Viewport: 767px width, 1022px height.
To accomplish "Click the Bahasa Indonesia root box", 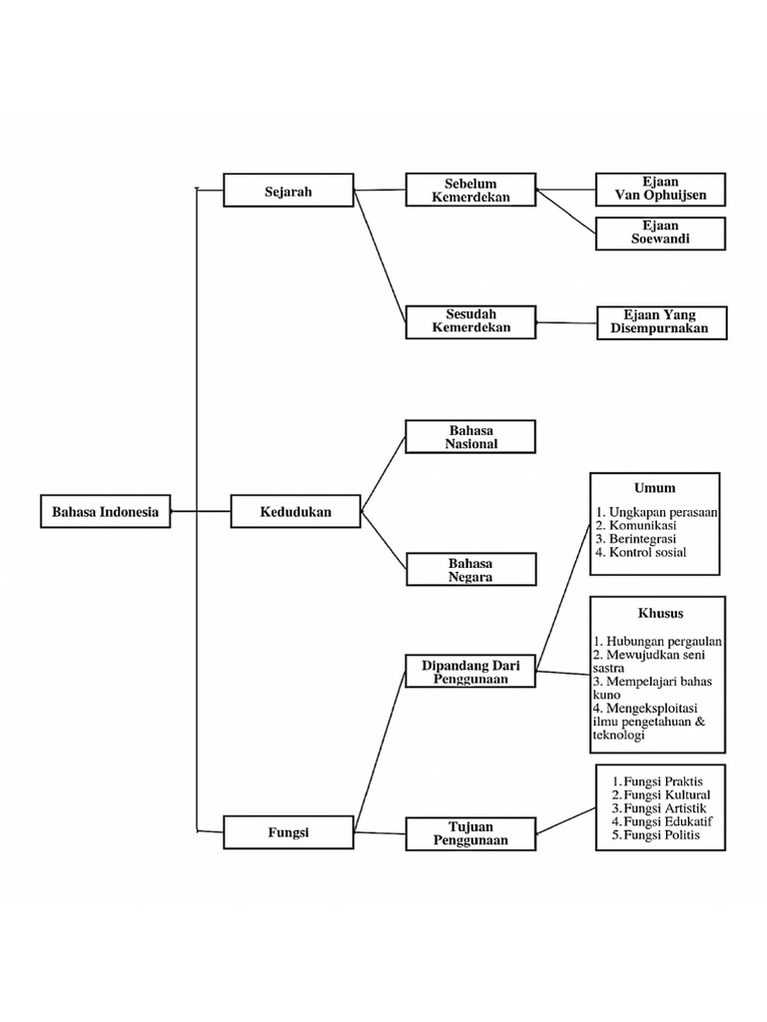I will click(105, 511).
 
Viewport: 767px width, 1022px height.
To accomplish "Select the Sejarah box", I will click(288, 190).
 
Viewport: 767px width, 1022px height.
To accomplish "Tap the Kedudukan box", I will click(295, 512).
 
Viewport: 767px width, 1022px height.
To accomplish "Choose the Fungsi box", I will click(288, 832).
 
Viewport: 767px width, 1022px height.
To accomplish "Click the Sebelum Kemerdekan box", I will click(469, 190).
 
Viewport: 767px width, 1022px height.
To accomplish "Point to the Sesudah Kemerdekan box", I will click(469, 321).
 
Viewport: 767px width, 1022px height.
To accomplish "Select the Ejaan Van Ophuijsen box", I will click(660, 189).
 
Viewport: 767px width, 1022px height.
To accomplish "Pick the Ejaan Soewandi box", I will click(660, 233).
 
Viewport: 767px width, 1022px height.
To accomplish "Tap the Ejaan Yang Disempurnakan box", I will click(661, 322).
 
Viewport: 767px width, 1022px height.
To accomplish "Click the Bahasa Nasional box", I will click(469, 436).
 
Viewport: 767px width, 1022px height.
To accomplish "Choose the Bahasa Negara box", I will click(470, 569).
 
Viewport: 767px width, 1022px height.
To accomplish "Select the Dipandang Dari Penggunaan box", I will click(470, 671).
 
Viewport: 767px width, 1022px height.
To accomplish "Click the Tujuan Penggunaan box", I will click(470, 832).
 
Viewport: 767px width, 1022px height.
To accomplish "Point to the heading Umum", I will click(654, 488).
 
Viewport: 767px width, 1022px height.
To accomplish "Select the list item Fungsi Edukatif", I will click(661, 821).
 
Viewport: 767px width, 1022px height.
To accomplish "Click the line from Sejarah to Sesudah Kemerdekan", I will click(381, 255).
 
